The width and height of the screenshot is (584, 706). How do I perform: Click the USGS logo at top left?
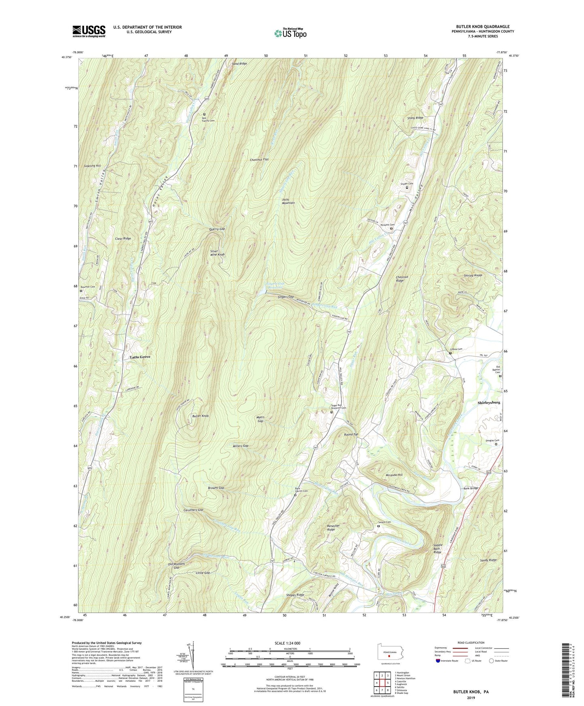(x=89, y=31)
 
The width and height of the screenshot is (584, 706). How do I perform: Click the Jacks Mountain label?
(x=288, y=201)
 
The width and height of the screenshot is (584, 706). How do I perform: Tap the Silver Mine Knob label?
(x=217, y=253)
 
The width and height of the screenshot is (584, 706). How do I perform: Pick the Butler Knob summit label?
(x=200, y=416)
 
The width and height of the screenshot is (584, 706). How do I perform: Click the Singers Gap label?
(x=286, y=297)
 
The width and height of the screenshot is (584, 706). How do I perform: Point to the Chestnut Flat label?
(x=259, y=160)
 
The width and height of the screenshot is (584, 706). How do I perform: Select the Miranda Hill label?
(x=394, y=475)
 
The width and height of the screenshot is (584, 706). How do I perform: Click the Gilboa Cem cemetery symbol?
(x=450, y=353)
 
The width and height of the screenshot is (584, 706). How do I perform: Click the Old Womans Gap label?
(x=176, y=566)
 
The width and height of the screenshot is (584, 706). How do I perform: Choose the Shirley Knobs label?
(x=473, y=275)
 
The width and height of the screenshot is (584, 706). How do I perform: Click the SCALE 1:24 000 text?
(x=287, y=643)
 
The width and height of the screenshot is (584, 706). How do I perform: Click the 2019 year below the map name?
(x=470, y=698)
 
